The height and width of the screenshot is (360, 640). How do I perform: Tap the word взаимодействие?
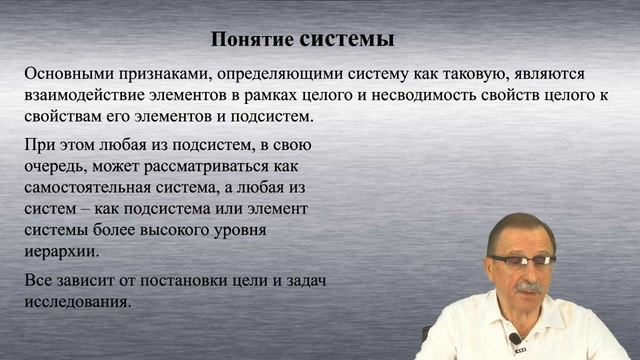click(85, 96)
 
